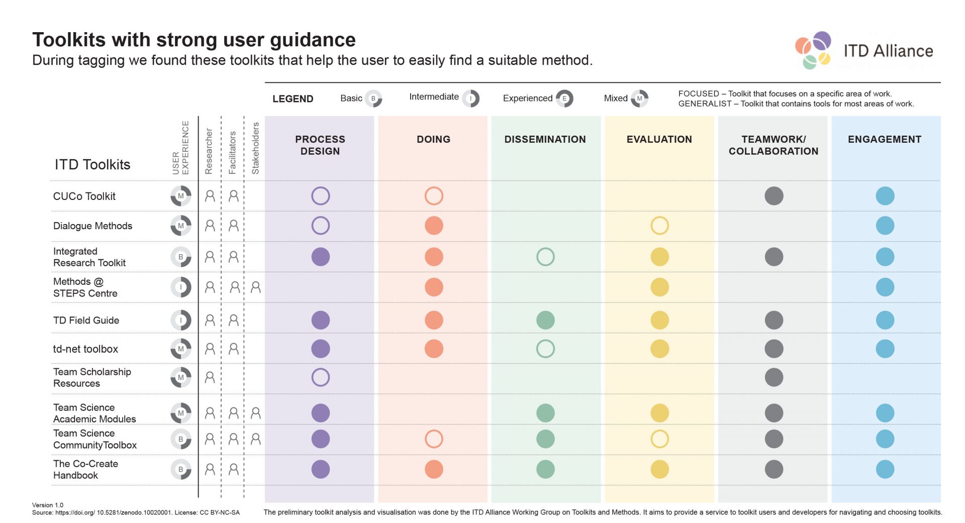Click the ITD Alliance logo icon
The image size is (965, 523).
tap(813, 50)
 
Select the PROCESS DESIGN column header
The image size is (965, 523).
tap(320, 145)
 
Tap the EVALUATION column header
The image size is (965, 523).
tap(659, 139)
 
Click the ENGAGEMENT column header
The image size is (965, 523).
tap(884, 139)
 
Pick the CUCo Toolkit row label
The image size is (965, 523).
tap(84, 196)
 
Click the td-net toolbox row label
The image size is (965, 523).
tap(85, 349)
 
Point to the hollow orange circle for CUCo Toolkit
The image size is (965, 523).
tap(433, 196)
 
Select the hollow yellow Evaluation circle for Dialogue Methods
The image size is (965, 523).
tap(659, 226)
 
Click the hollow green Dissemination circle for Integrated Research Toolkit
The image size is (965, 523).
tap(545, 257)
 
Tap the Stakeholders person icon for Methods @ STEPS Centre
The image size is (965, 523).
tap(255, 287)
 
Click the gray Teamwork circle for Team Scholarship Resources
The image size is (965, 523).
tap(774, 377)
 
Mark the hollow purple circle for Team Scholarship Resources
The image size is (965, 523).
tap(320, 377)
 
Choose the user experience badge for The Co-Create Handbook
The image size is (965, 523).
tap(180, 469)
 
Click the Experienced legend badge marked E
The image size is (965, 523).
tap(564, 98)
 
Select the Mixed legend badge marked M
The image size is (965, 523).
tap(639, 98)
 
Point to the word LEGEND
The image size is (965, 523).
tap(293, 99)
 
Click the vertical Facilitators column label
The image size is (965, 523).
tap(232, 152)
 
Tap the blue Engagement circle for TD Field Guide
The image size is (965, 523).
tap(885, 320)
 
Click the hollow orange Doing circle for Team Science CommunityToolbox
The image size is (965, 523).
tap(433, 439)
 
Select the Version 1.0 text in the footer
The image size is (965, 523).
tap(48, 505)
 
